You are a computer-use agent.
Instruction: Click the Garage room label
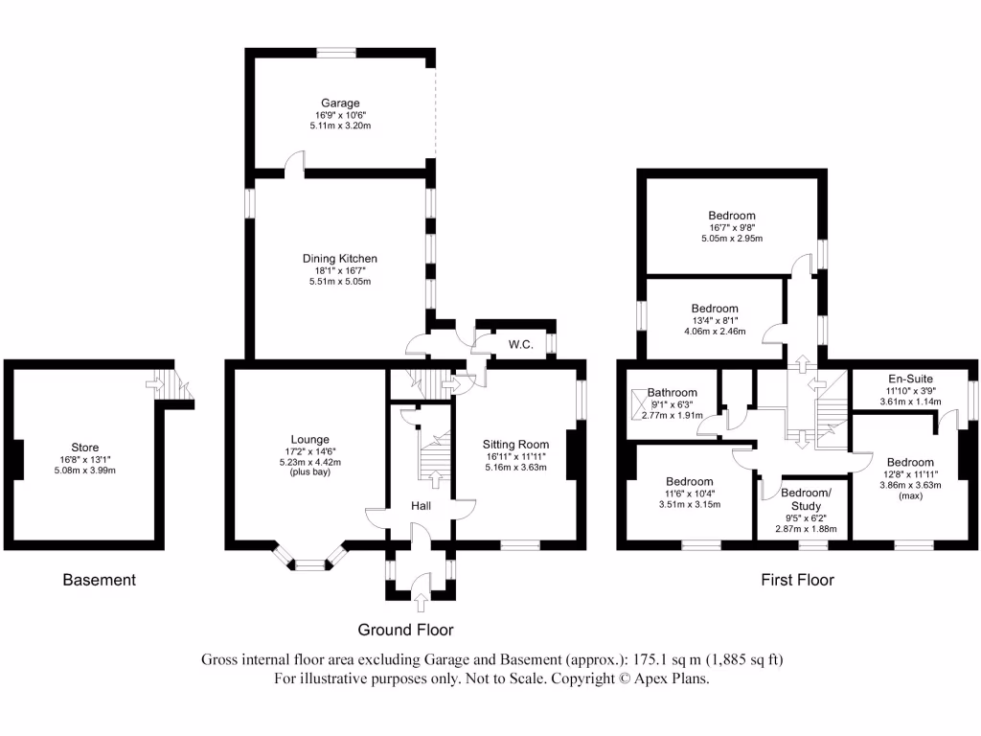pos(340,103)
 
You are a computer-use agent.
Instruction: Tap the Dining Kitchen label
pos(340,259)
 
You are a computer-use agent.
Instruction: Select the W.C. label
pos(520,344)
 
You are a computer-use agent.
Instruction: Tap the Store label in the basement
pos(84,447)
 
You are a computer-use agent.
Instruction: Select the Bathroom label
pos(672,392)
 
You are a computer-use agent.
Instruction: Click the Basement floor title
pos(99,580)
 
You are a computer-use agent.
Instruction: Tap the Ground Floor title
pos(405,630)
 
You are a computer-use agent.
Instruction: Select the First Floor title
pos(797,580)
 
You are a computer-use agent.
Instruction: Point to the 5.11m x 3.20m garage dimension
pos(340,125)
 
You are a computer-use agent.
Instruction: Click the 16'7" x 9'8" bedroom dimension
pos(732,227)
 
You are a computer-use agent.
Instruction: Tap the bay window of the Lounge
pos(309,564)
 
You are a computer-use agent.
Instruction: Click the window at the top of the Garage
pos(337,54)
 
